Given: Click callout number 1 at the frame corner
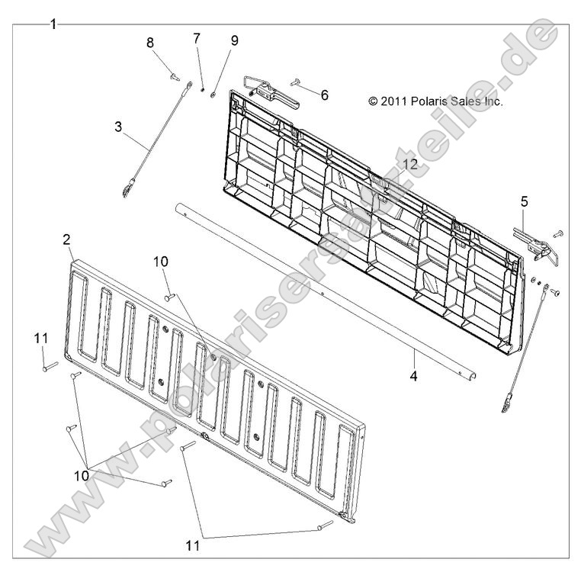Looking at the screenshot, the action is pos(53,25).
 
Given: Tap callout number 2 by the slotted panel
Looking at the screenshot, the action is pos(66,239).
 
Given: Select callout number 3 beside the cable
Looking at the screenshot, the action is pos(118,127).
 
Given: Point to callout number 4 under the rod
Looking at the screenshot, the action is pos(413,376).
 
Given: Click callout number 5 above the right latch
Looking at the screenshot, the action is pos(525,201).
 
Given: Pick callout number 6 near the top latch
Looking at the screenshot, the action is pos(325,95).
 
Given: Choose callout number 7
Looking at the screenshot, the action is pos(197,38).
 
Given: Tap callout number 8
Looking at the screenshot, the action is pos(150,43).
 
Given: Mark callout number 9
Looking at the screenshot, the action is pos(235,40).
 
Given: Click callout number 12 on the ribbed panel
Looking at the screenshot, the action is pos(410,164).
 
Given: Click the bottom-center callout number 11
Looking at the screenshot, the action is pos(193,545).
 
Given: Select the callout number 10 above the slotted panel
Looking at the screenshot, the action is pos(161,262).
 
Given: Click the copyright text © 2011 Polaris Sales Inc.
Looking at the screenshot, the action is pos(435,101).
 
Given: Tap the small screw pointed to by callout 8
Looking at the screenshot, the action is pos(175,77).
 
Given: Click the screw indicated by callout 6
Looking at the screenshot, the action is pos(295,82).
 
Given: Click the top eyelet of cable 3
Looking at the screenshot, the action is pos(189,85).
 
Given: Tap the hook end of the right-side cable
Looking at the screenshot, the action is pos(506,406).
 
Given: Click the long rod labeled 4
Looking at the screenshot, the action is pos(326,292).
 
